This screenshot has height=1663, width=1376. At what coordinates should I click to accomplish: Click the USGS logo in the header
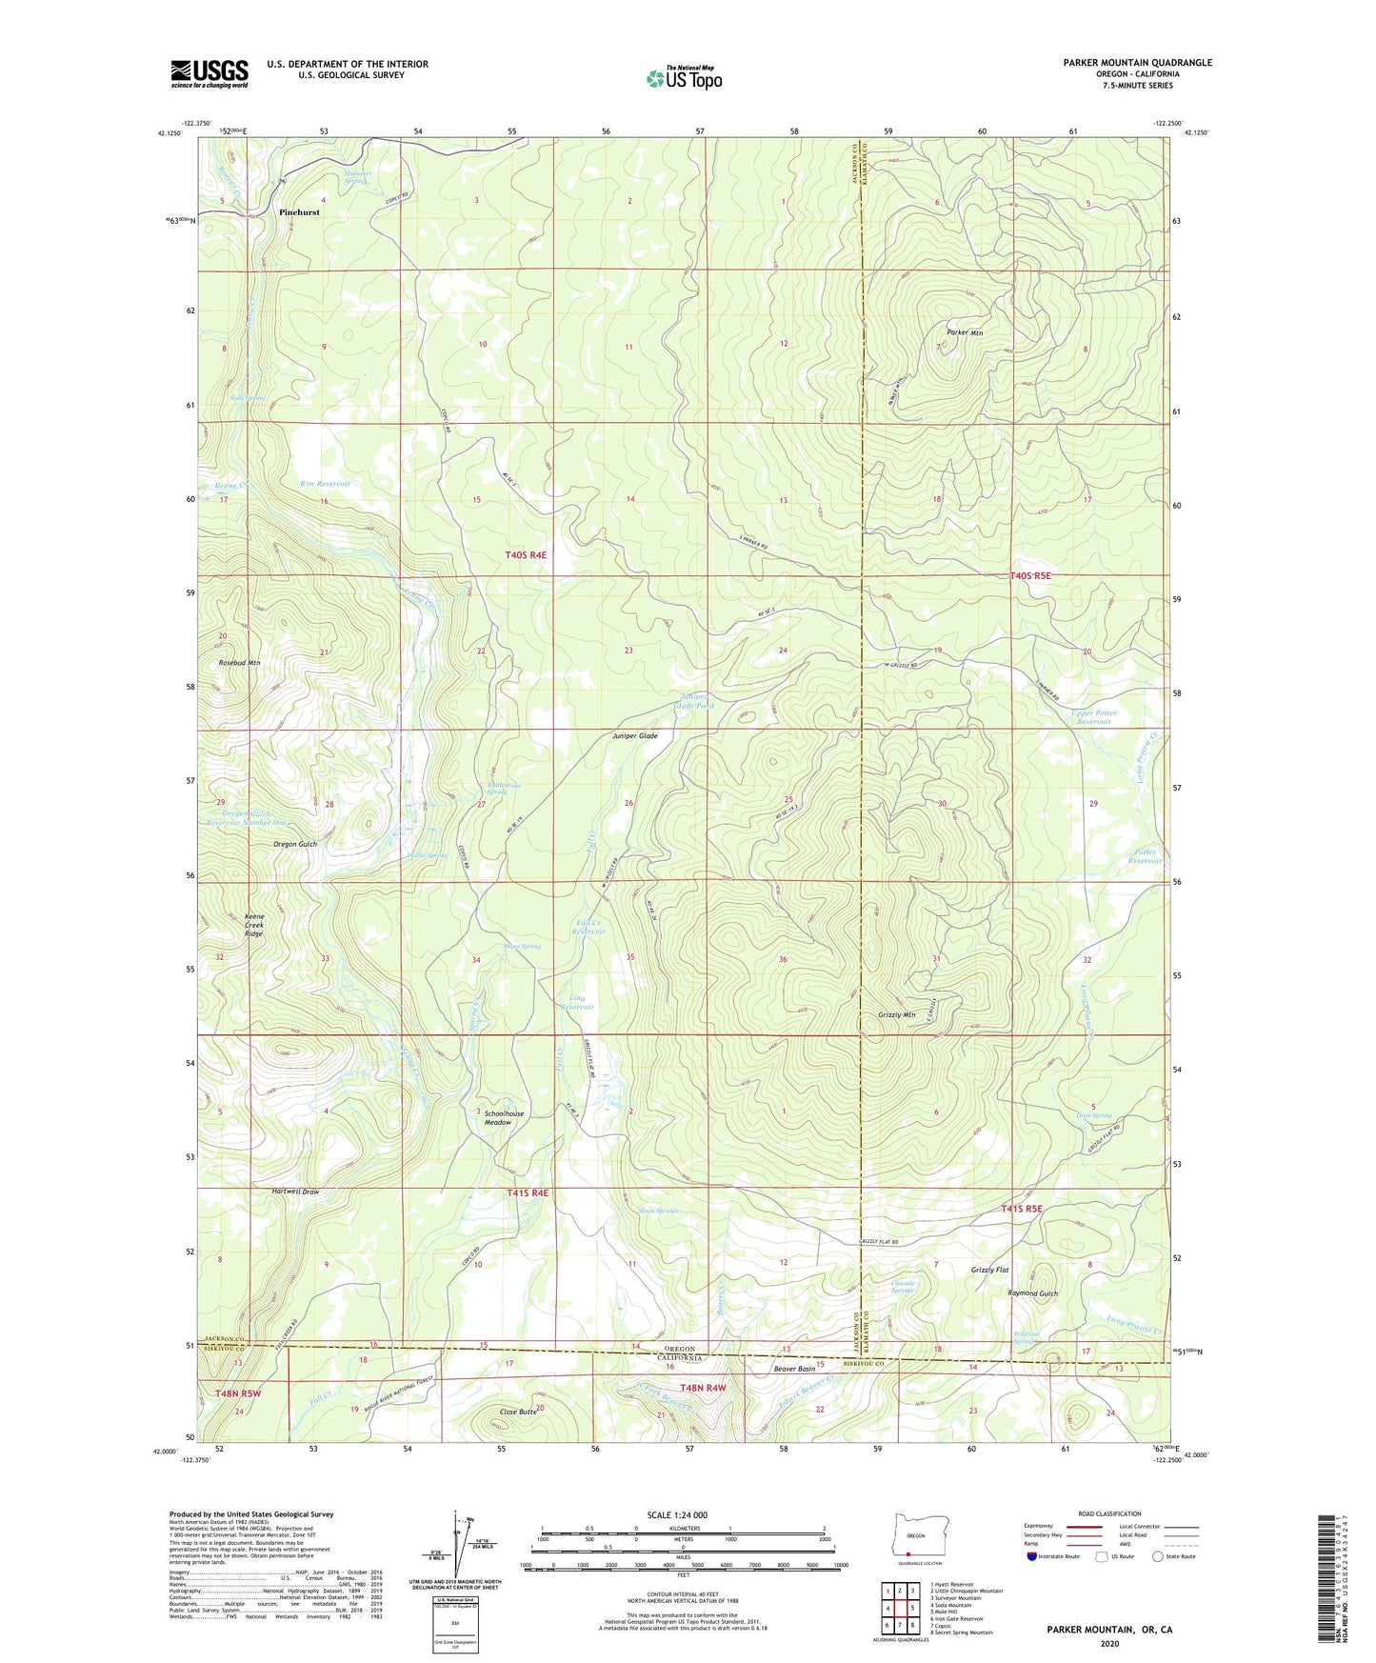click(x=209, y=73)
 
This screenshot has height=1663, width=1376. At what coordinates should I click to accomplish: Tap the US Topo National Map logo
click(x=684, y=78)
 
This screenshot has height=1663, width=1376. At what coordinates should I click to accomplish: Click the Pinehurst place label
click(x=299, y=212)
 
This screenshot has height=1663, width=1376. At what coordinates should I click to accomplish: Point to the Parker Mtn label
click(x=965, y=332)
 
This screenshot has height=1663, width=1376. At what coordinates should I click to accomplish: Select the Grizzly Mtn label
click(x=896, y=1015)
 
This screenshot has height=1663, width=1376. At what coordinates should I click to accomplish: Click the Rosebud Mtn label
click(x=239, y=662)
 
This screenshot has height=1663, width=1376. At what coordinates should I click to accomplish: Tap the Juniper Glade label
click(x=635, y=736)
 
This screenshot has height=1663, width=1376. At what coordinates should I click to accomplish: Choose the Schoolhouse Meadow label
click(x=504, y=1118)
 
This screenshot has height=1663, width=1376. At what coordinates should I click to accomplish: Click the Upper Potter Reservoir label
click(x=1093, y=717)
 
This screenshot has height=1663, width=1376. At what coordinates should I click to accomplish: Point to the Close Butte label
click(x=517, y=1412)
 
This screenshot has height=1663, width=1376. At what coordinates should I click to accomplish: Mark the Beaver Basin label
click(x=794, y=1369)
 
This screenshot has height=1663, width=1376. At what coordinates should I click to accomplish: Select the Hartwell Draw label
click(x=295, y=1192)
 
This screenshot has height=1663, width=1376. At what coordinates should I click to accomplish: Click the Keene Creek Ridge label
click(x=253, y=925)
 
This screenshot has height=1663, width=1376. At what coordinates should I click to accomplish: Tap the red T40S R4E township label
click(x=526, y=554)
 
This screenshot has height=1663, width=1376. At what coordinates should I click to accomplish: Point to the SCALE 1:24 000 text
click(x=676, y=1515)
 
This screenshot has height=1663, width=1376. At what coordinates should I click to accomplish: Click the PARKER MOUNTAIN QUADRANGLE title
click(x=1137, y=63)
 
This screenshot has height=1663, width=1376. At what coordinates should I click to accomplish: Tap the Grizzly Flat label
click(x=989, y=1271)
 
